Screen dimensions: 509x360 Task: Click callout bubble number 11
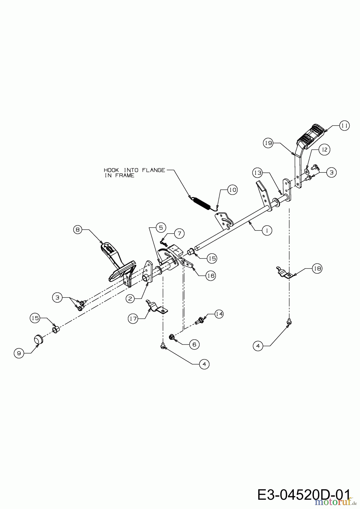(344, 125)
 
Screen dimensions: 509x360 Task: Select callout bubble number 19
(268, 143)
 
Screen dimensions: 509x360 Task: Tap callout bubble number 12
(324, 149)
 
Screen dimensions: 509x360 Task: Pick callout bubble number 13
(258, 172)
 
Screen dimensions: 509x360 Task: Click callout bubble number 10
(232, 190)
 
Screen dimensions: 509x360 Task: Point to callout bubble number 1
(267, 230)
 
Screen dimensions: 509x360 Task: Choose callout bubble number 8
(78, 230)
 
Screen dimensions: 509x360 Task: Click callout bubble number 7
(179, 233)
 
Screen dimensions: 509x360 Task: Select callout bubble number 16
(210, 276)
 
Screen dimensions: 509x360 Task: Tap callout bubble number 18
(317, 268)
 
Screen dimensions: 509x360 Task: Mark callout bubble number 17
(133, 319)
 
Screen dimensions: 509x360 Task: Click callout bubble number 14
(219, 314)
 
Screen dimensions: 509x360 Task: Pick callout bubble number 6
(194, 344)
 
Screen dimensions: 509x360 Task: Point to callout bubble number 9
(19, 353)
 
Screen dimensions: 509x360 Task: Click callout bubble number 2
(130, 299)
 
